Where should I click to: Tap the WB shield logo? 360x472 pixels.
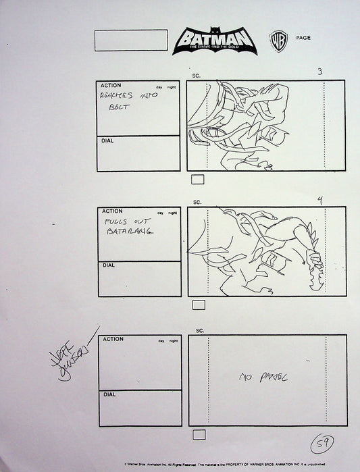tap(276, 38)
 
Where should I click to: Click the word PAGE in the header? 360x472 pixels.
tap(303, 38)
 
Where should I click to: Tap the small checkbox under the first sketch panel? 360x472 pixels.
tap(199, 180)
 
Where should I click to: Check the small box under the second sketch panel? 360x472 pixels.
tap(199, 305)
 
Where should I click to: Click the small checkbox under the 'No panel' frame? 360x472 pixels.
tap(199, 434)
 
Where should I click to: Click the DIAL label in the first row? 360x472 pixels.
tap(107, 141)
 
